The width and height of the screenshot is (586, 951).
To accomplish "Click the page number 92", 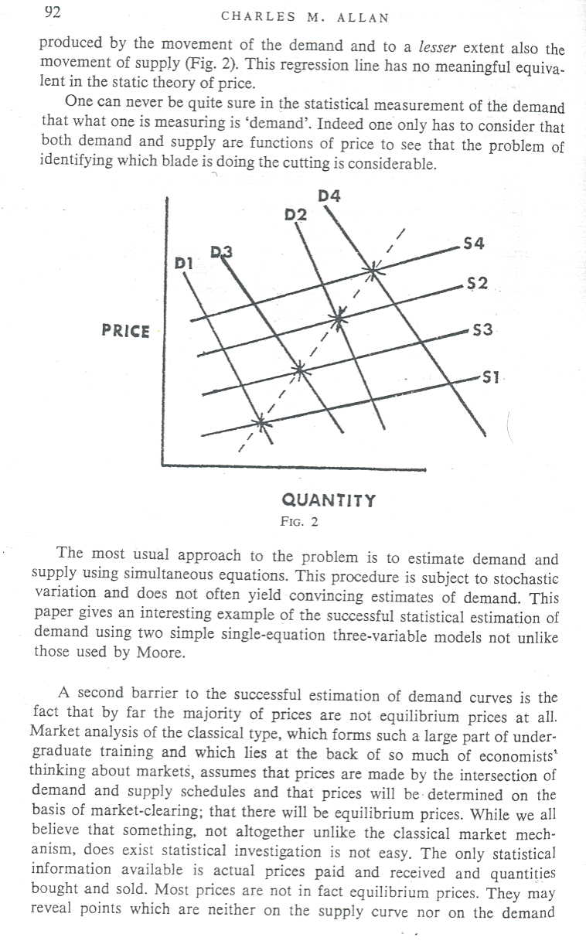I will [x=53, y=12].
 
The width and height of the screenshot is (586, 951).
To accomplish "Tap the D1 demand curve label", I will [x=183, y=263].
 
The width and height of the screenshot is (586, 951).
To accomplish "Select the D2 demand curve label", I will [x=296, y=214].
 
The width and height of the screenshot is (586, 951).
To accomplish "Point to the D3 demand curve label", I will [x=221, y=251].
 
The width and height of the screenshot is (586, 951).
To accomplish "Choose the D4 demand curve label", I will [x=329, y=196].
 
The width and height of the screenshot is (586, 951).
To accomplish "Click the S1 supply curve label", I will [x=492, y=378].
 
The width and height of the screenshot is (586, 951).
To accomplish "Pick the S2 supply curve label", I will [x=479, y=284].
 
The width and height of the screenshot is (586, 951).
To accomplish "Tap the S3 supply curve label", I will [x=482, y=330].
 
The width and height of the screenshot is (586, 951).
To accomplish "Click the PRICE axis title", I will [x=126, y=331].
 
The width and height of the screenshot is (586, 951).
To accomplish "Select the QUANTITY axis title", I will [x=329, y=500].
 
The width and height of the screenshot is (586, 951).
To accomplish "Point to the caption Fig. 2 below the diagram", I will [x=299, y=521].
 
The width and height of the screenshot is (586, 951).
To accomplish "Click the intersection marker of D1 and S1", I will [x=261, y=423].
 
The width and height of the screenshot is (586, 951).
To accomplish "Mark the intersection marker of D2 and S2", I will [x=338, y=317].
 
